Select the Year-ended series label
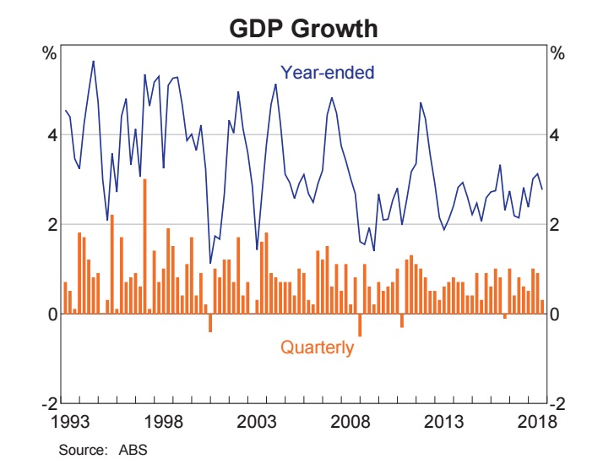327,73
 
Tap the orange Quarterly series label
317,347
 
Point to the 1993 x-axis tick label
73,421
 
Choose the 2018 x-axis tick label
536,421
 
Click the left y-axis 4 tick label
51,134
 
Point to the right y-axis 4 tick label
557,134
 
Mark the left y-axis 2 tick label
51,224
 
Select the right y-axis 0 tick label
557,314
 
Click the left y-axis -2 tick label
48,403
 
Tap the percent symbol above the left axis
50,53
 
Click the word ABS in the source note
134,450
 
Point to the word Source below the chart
79,450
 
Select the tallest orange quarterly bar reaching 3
144,245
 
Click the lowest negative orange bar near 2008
360,325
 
